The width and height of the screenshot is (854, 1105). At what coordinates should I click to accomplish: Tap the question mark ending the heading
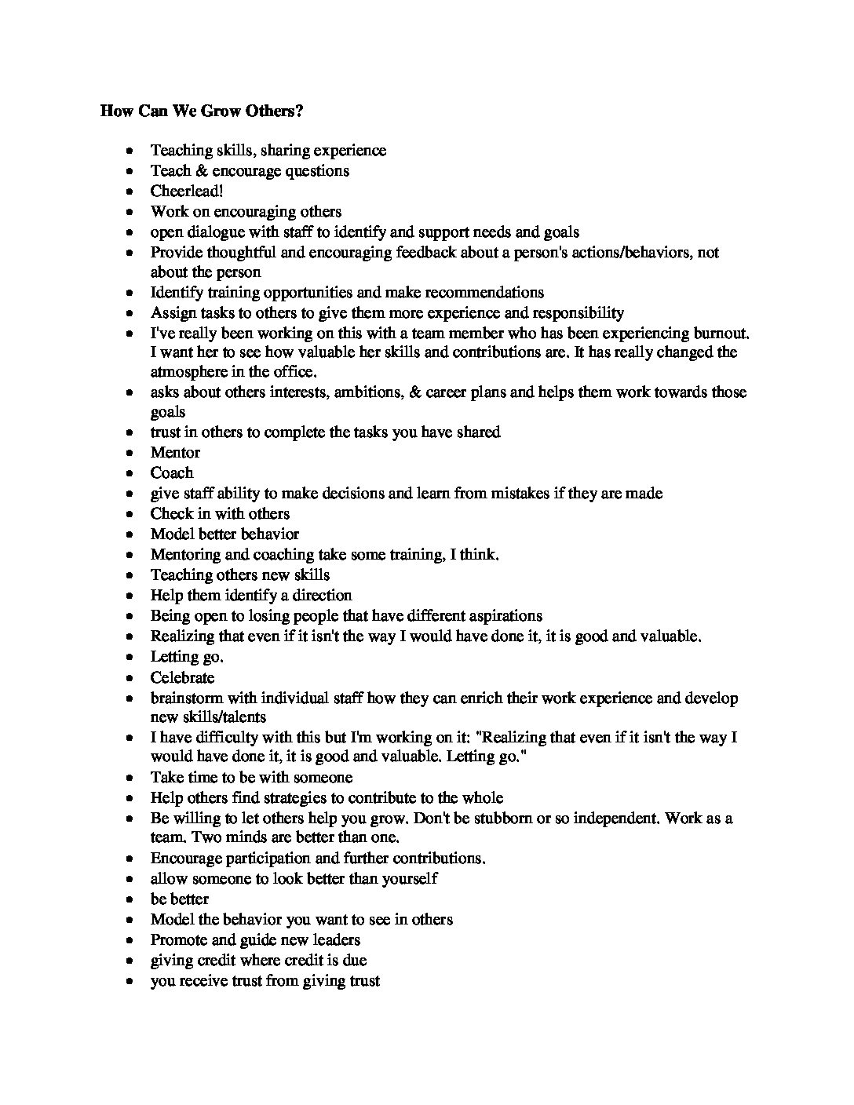299,111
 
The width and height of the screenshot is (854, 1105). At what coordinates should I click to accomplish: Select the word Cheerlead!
187,191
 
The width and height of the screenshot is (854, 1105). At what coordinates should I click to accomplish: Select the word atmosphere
192,372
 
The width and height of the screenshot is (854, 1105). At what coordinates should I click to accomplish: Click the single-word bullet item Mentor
175,453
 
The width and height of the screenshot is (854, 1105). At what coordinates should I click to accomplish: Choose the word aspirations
501,615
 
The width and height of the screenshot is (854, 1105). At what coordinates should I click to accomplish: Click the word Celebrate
182,677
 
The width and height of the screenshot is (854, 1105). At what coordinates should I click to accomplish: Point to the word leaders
334,939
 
